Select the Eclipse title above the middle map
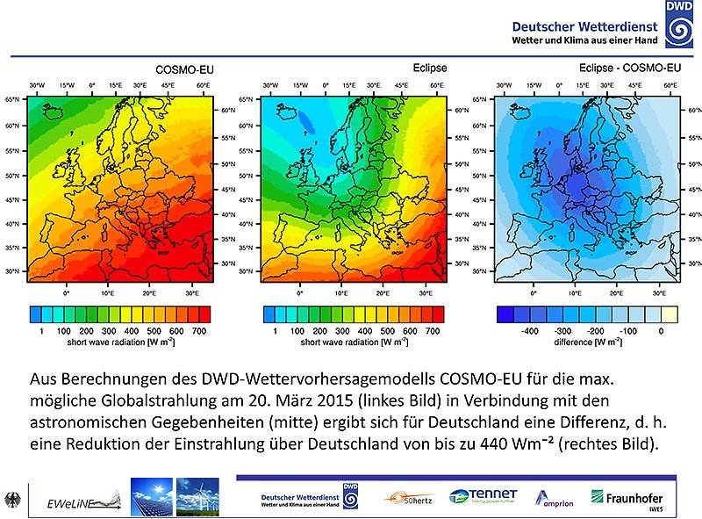click(430, 68)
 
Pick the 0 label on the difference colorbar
click(661, 331)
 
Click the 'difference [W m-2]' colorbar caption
click(588, 342)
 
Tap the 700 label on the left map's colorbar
click(198, 331)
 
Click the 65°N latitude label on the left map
click(13, 100)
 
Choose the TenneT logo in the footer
click(483, 498)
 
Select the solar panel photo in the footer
click(151, 496)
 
